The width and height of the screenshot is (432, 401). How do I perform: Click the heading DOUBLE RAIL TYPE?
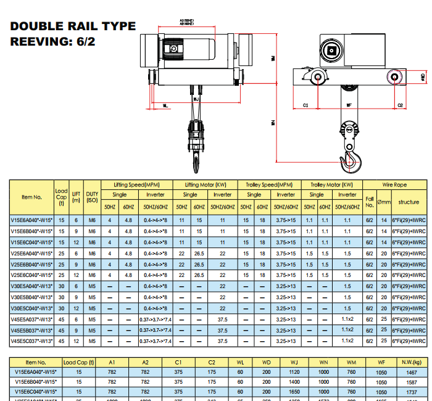(73, 27)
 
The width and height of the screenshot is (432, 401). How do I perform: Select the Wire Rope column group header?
(395, 184)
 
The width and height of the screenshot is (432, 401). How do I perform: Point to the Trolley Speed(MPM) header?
(270, 184)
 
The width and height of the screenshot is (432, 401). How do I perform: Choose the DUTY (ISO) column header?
(92, 196)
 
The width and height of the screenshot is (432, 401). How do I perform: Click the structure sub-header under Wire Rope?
(408, 202)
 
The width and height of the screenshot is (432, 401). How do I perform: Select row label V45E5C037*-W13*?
(31, 341)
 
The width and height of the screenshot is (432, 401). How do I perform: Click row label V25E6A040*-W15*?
(31, 253)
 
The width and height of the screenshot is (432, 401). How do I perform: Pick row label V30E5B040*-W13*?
(31, 297)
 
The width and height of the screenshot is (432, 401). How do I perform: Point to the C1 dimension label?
(305, 105)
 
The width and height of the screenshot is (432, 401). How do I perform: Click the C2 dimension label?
(401, 105)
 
